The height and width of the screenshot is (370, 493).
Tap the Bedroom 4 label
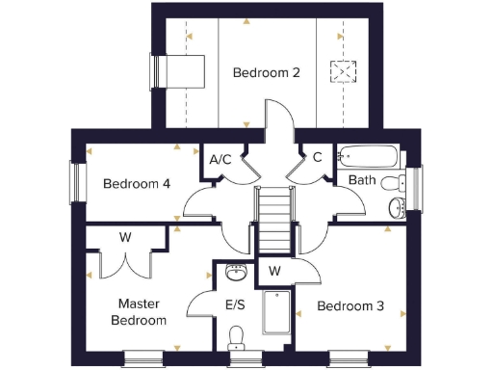[x=137, y=183]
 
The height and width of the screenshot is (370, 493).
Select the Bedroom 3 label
[x=350, y=305]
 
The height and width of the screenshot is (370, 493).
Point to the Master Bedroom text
[x=138, y=311]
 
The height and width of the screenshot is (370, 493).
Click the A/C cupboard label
[x=221, y=159]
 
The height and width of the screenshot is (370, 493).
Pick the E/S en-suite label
[x=235, y=305]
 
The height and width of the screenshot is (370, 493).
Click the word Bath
[x=362, y=180]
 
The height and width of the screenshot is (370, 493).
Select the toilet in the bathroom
[x=392, y=182]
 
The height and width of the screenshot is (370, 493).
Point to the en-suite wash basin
[x=234, y=273]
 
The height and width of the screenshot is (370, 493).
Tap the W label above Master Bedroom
[x=125, y=237]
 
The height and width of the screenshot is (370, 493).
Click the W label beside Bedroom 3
[x=274, y=271]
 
